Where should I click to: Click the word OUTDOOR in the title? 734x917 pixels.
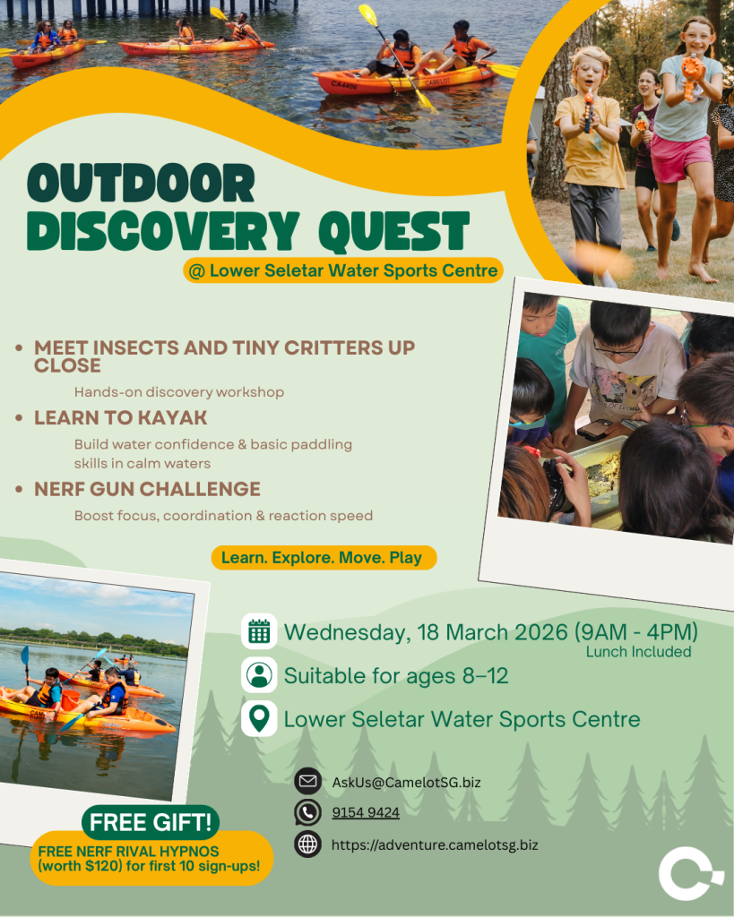point(141,183)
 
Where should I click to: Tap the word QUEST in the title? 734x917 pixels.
point(394,232)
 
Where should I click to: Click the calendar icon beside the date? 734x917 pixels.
point(259,631)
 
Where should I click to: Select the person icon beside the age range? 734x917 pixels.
point(259,675)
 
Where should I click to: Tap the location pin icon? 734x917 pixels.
point(259,719)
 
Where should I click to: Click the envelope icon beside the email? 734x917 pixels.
point(308,781)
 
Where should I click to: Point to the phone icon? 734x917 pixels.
point(308,812)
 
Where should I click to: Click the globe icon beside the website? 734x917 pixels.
point(308,844)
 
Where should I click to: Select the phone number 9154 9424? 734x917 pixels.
point(366,812)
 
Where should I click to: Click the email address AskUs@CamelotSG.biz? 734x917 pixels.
point(406,783)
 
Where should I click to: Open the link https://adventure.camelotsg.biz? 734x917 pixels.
point(435,845)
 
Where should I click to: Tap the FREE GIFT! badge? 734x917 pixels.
point(151,822)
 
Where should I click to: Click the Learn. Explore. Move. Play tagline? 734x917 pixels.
point(324,557)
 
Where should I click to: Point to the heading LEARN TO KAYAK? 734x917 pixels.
point(121,417)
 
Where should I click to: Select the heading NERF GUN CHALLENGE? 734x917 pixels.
point(148,489)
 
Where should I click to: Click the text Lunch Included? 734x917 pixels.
point(639,652)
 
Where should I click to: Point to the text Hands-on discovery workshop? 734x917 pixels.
point(179,392)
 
